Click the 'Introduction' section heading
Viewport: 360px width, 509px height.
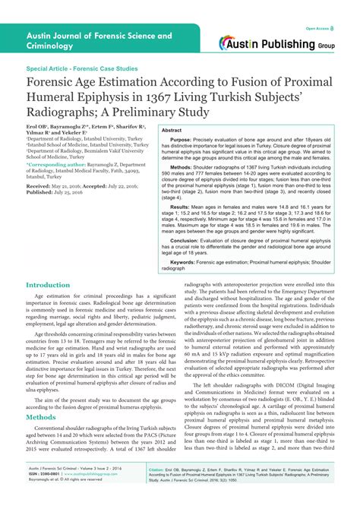pyautogui.click(x=49, y=285)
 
